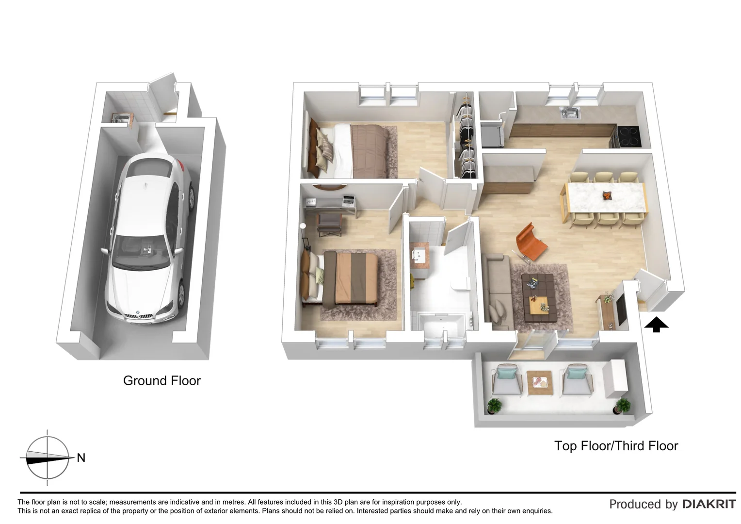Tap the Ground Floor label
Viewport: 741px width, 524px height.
pos(161,380)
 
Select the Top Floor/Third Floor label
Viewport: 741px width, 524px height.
pos(616,445)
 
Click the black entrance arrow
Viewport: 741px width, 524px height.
pos(656,324)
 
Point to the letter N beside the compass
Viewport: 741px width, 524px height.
pos(81,458)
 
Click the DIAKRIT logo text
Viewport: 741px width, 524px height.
pos(709,504)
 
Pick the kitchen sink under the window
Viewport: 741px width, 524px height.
pos(570,114)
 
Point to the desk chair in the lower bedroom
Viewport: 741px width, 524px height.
pos(330,224)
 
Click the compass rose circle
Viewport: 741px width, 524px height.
pos(47,458)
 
